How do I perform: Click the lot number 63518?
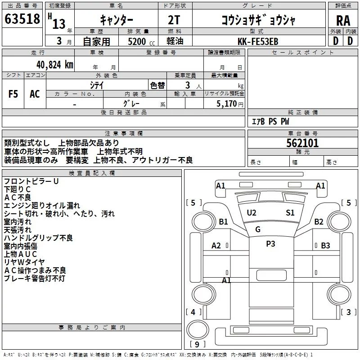(22, 19)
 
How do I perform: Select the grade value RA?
(343, 21)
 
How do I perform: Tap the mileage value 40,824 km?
(55, 65)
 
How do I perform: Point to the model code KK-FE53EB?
(258, 41)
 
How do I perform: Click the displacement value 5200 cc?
(141, 41)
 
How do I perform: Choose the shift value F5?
(13, 94)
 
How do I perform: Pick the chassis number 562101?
(302, 143)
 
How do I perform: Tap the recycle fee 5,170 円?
(230, 104)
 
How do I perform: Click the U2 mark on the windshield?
(252, 213)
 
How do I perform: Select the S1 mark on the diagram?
(290, 213)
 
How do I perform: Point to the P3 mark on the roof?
(270, 243)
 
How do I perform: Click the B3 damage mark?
(325, 246)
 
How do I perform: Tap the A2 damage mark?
(216, 246)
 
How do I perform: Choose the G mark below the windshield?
(258, 229)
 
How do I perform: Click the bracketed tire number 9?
(197, 345)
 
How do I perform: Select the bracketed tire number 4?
(193, 312)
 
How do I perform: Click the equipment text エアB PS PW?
(270, 121)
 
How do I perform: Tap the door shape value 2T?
(174, 20)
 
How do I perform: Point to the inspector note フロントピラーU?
(31, 181)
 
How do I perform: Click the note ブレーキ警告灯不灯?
(35, 278)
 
